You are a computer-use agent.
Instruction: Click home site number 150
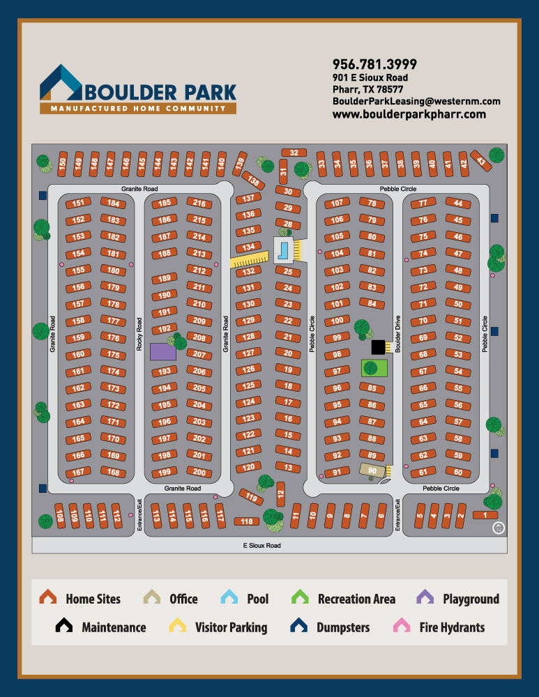pos(62,163)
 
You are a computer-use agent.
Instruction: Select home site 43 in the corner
pos(480,160)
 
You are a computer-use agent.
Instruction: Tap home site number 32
pos(294,153)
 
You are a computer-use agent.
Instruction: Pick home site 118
pos(246,521)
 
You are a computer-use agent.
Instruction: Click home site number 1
pos(485,515)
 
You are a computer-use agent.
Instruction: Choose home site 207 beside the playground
pos(199,354)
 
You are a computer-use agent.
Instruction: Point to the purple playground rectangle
pos(163,351)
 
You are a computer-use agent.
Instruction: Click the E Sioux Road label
pos(261,545)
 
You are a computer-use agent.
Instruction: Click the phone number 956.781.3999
pos(374,64)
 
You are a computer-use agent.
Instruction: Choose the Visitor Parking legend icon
pos(178,626)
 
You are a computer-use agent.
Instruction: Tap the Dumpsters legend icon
pos(299,626)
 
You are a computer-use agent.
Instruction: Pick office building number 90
pos(372,470)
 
